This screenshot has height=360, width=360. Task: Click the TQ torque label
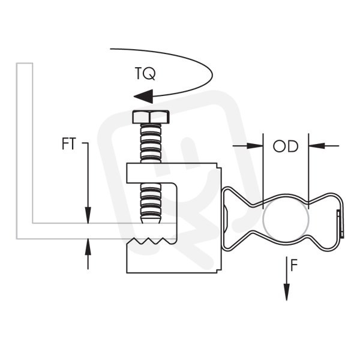click(145, 73)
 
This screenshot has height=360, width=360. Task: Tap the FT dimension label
click(68, 144)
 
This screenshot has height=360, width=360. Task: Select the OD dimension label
click(286, 146)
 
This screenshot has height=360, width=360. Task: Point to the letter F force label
click(294, 265)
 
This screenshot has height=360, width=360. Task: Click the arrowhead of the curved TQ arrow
click(143, 96)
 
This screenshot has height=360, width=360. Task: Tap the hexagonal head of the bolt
click(151, 117)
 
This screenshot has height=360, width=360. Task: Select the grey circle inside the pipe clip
click(286, 219)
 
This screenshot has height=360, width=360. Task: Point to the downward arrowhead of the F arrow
click(287, 292)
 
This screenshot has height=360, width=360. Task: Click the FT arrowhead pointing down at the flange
click(88, 215)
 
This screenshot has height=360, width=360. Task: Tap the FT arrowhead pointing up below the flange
click(88, 247)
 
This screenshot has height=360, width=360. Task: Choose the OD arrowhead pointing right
click(255, 146)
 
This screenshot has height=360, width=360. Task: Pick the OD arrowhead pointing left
click(317, 146)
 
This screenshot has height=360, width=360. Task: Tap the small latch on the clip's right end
click(340, 223)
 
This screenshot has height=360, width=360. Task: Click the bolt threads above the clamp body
click(151, 143)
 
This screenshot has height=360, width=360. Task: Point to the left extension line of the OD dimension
click(263, 171)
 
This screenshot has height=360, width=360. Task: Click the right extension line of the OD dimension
click(309, 171)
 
